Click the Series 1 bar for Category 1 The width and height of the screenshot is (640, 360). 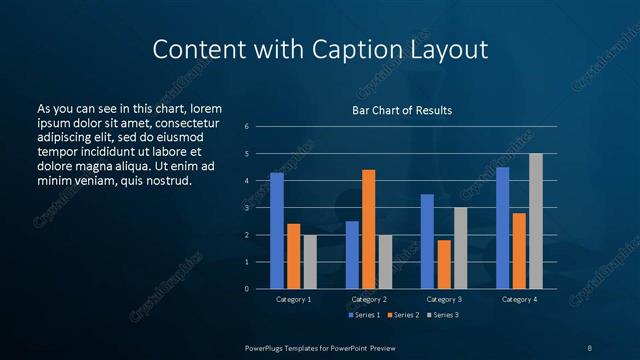(277, 231)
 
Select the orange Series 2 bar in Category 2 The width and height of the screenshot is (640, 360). (368, 229)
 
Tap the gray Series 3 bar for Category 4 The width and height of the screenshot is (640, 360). (536, 221)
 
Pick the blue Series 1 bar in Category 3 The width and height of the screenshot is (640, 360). (427, 241)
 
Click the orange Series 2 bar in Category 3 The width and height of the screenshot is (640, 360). (444, 264)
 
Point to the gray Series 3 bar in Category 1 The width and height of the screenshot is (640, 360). (310, 262)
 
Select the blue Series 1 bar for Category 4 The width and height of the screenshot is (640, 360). (502, 228)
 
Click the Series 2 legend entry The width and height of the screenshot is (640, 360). (403, 315)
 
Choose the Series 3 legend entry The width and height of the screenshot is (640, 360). (443, 315)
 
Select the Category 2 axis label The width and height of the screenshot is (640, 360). (369, 299)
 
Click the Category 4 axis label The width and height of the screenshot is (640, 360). (518, 299)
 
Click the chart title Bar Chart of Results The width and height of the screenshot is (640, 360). (402, 110)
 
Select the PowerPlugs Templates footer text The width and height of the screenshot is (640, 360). (320, 347)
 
